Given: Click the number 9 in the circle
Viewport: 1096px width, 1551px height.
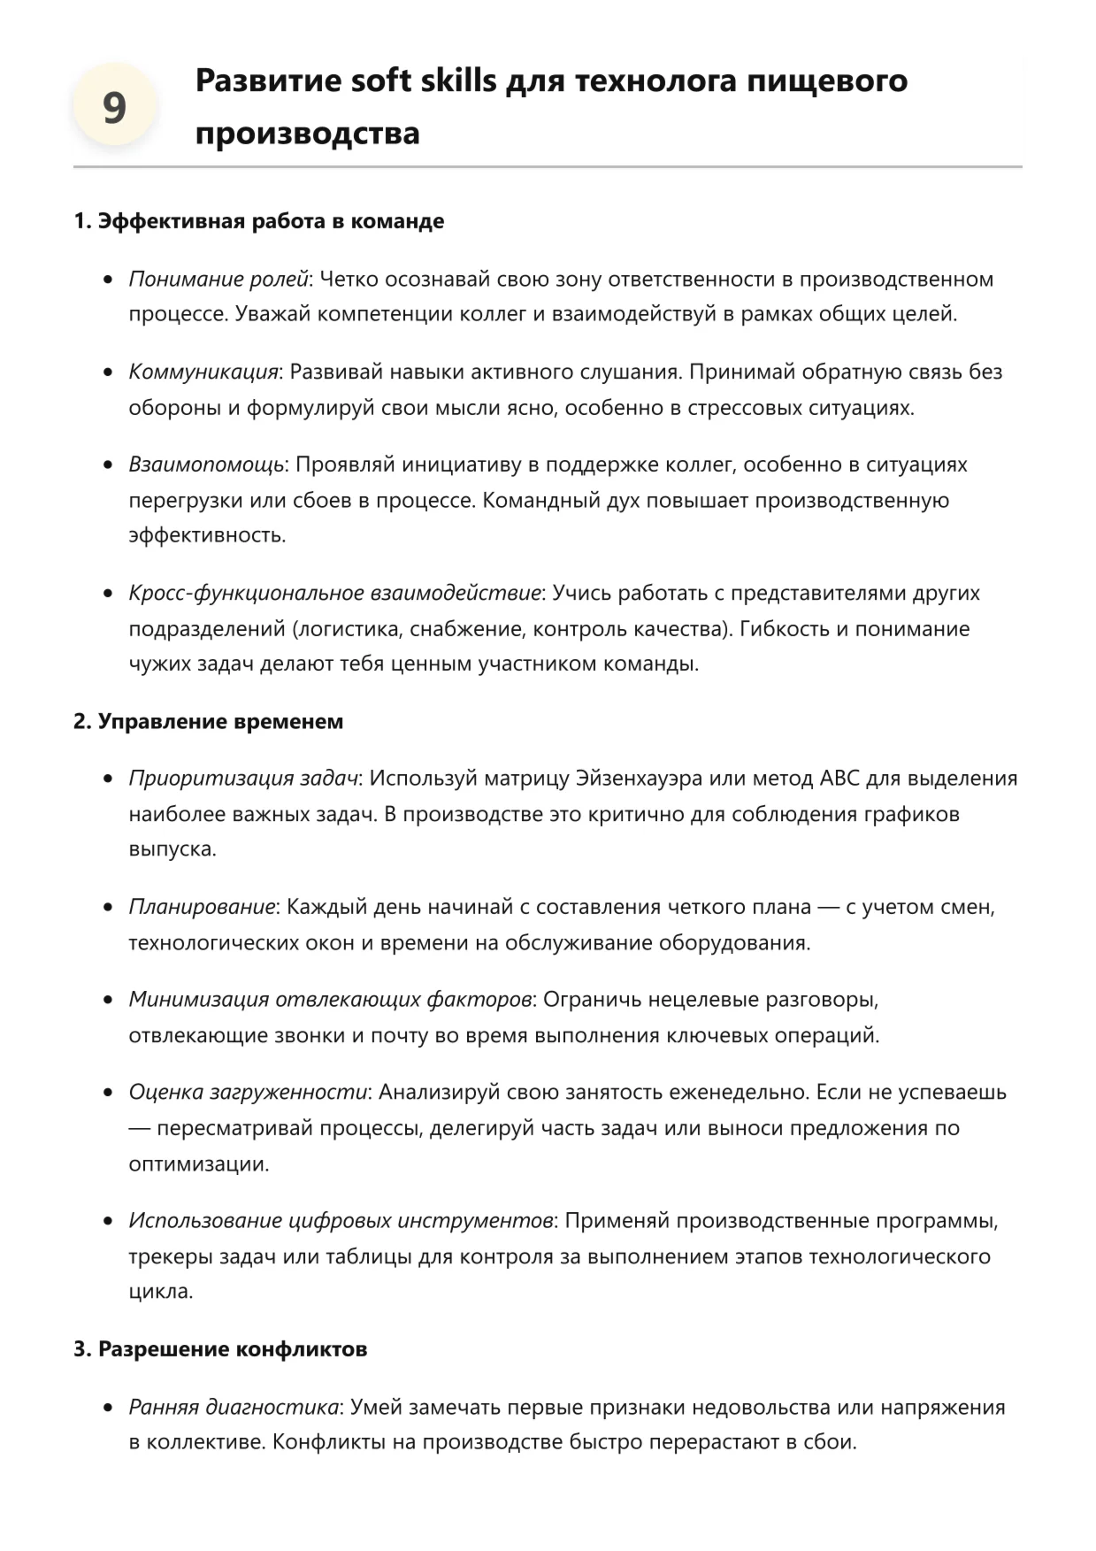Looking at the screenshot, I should pyautogui.click(x=114, y=108).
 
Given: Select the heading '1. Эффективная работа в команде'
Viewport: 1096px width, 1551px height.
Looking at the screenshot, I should pyautogui.click(x=258, y=221).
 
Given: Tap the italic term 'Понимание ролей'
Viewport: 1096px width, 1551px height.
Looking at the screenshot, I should pyautogui.click(x=218, y=280).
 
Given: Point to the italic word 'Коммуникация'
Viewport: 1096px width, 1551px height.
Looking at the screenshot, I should pyautogui.click(x=203, y=372).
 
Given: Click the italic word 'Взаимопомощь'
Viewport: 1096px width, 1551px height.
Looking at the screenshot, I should pyautogui.click(x=206, y=465).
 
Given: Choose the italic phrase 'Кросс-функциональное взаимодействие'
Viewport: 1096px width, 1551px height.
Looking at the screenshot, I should pyautogui.click(x=334, y=593).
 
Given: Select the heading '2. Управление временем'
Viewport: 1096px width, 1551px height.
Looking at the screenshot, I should pyautogui.click(x=208, y=721).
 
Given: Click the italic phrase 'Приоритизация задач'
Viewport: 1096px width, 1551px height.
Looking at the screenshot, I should pyautogui.click(x=243, y=779).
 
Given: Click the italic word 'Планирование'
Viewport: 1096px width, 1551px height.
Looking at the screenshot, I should pyautogui.click(x=202, y=907).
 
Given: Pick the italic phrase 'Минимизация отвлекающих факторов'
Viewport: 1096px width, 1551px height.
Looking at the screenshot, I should pyautogui.click(x=330, y=1000).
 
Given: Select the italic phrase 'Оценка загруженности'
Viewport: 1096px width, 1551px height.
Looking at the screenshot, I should pyautogui.click(x=248, y=1093).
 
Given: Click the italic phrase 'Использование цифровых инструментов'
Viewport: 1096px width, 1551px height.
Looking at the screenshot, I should pyautogui.click(x=341, y=1221).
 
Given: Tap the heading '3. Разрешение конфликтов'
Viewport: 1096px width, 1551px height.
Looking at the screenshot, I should pyautogui.click(x=220, y=1349).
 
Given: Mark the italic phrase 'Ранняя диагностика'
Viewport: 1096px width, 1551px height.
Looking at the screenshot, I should pyautogui.click(x=234, y=1407).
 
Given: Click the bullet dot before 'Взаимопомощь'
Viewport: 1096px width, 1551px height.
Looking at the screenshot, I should pyautogui.click(x=108, y=465).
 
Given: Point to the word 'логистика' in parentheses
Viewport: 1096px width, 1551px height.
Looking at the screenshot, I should pyautogui.click(x=344, y=629).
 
